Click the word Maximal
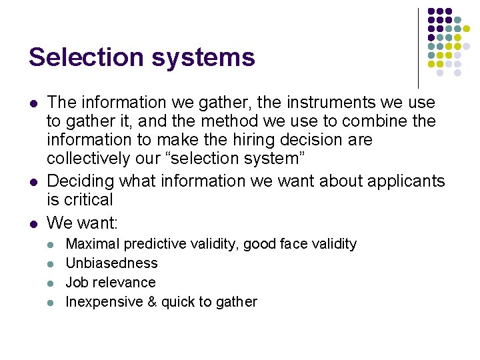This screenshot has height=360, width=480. pyautogui.click(x=91, y=244)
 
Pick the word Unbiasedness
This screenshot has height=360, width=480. pyautogui.click(x=111, y=263)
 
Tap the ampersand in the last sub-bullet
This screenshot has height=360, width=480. pyautogui.click(x=151, y=302)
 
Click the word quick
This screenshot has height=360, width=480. pyautogui.click(x=177, y=302)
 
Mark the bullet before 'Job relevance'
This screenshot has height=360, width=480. pyautogui.click(x=53, y=283)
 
